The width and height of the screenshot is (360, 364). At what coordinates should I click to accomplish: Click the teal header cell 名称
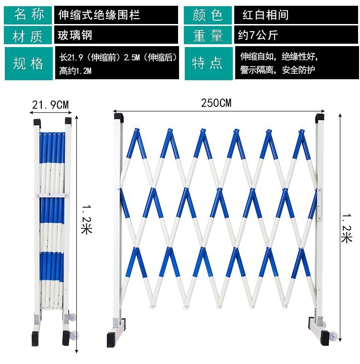pyautogui.click(x=28, y=15)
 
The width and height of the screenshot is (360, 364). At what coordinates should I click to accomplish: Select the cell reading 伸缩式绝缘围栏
pyautogui.click(x=116, y=15)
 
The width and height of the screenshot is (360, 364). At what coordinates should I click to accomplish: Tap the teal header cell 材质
pyautogui.click(x=28, y=35)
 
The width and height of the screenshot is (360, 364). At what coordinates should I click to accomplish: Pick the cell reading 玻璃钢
pyautogui.click(x=116, y=35)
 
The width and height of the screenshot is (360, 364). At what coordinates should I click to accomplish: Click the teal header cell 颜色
pyautogui.click(x=208, y=15)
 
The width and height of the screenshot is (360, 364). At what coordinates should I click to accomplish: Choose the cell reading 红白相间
pyautogui.click(x=296, y=15)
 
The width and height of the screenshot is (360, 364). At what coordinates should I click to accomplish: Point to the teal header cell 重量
pyautogui.click(x=208, y=35)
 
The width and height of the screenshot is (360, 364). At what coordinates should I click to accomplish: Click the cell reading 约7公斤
pyautogui.click(x=296, y=35)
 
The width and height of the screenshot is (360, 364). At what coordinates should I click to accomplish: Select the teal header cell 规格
pyautogui.click(x=29, y=63)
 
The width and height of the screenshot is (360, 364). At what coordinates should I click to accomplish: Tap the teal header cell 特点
pyautogui.click(x=209, y=63)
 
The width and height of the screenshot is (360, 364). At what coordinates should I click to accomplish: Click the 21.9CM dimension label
pyautogui.click(x=50, y=105)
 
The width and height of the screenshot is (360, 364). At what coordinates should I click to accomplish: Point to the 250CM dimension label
pyautogui.click(x=216, y=103)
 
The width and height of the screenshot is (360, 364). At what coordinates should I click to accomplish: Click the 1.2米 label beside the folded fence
pyautogui.click(x=86, y=219)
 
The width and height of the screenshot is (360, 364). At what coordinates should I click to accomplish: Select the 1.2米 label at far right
pyautogui.click(x=347, y=228)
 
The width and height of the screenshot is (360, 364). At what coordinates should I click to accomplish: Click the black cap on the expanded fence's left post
pyautogui.click(x=119, y=118)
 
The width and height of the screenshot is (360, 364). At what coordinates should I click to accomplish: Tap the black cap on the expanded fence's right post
pyautogui.click(x=320, y=118)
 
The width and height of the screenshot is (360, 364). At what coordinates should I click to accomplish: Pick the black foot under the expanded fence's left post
pyautogui.click(x=111, y=340)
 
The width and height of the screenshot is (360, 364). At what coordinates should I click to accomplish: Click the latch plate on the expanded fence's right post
pyautogui.click(x=320, y=204)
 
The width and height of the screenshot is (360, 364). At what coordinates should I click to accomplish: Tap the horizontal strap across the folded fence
pyautogui.click(x=52, y=195)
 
